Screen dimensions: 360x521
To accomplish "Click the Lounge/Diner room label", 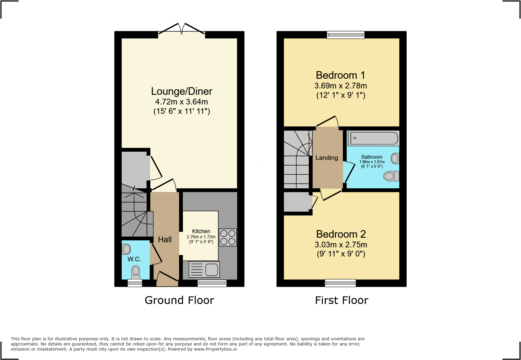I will (x=182, y=91).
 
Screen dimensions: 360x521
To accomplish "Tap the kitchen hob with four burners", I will (x=228, y=237).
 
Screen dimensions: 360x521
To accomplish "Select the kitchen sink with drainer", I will (x=204, y=269).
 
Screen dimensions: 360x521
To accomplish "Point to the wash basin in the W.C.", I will (x=126, y=249).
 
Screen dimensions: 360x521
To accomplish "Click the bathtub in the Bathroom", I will (x=374, y=138).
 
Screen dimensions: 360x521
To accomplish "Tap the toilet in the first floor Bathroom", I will (x=391, y=176).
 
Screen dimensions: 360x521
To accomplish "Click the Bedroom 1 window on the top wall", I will (x=346, y=35).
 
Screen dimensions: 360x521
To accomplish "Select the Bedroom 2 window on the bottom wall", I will (x=340, y=283).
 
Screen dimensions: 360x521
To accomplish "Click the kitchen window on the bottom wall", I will (x=212, y=283).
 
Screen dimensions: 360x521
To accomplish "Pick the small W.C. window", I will (x=135, y=283).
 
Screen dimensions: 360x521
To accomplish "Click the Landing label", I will (x=327, y=158).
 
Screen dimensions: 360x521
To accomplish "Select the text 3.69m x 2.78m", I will (x=341, y=86).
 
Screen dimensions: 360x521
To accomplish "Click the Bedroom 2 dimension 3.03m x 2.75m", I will (x=341, y=245).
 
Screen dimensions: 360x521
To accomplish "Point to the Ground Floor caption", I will (x=179, y=300).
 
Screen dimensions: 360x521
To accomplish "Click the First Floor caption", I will (x=342, y=300).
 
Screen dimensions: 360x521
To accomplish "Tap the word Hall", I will (x=165, y=239).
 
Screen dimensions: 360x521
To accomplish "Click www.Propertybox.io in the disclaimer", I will (x=215, y=349).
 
